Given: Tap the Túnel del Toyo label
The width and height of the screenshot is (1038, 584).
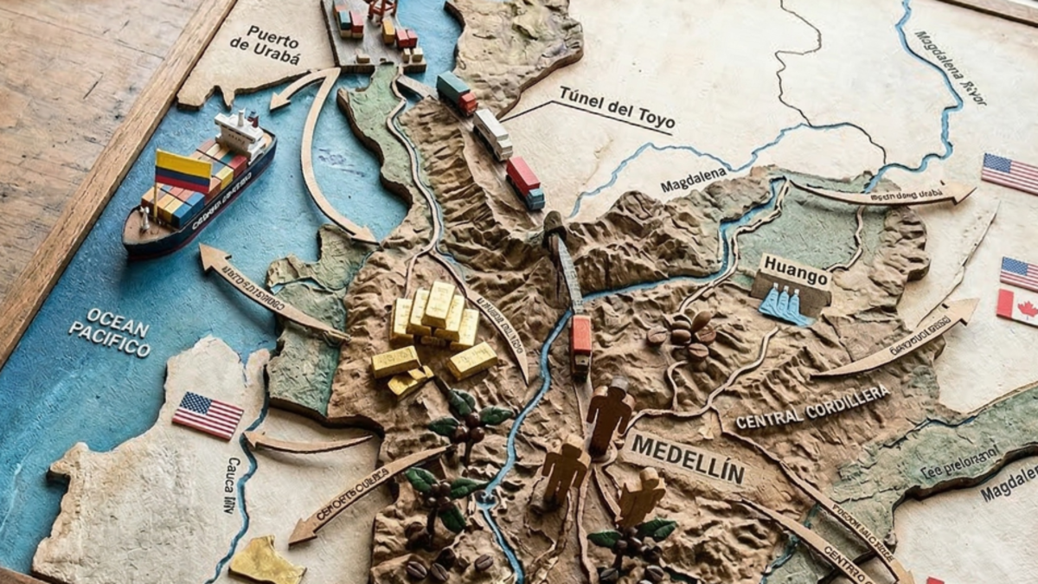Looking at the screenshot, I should click(616, 106).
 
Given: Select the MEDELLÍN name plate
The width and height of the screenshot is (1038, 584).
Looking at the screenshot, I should click(688, 458).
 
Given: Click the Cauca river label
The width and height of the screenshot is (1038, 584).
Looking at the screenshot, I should click(229, 485).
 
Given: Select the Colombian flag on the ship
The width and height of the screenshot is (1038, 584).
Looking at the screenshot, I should click(183, 170).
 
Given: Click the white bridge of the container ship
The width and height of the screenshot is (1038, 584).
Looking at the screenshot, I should click(241, 132).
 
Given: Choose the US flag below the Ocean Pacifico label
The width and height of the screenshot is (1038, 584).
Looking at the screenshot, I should click(208, 415).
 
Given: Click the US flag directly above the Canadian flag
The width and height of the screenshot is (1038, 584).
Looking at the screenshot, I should click(1019, 273).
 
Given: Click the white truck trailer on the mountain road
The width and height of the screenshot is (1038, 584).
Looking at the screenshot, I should click(492, 133).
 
